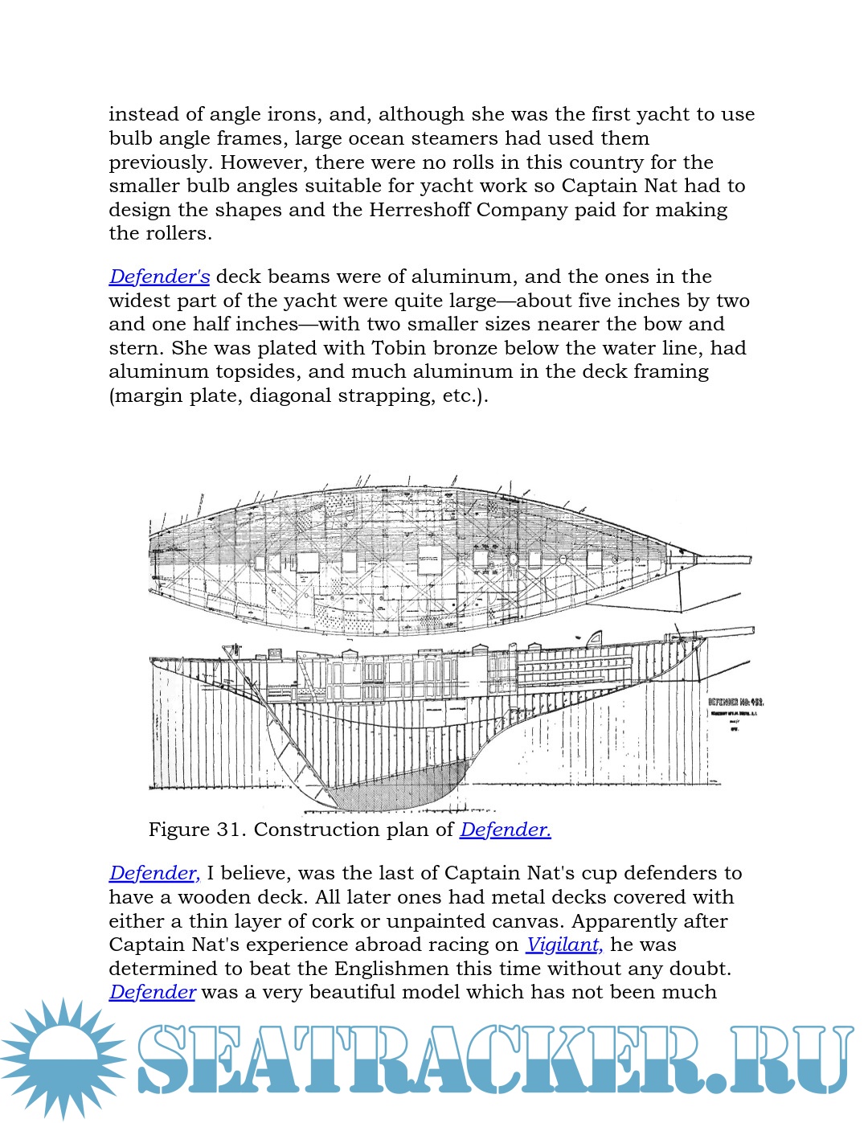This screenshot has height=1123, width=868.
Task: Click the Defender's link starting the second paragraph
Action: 159,277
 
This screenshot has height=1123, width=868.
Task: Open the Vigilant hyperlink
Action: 564,945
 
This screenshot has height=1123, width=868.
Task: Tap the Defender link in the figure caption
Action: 505,830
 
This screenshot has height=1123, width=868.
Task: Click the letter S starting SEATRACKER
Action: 170,1059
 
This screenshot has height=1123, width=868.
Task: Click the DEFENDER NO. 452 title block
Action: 735,703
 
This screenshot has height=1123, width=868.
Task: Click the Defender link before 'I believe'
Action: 154,874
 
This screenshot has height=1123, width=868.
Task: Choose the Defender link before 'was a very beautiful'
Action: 152,993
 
